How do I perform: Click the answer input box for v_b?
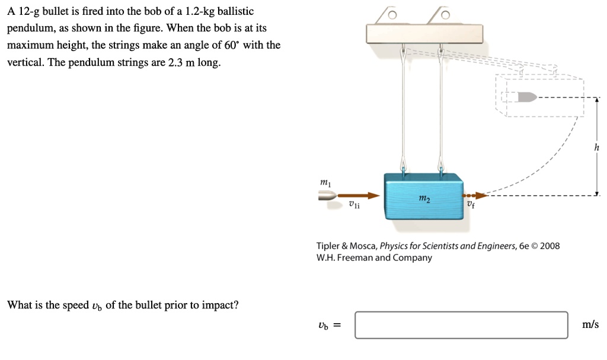461,325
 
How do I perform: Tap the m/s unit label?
590,324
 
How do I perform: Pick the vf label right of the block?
470,206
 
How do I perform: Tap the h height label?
596,148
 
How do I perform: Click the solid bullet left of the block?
328,196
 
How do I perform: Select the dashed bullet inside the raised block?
526,96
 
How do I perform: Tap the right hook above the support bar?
444,15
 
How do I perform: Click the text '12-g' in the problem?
28,12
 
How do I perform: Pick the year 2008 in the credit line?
550,246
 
